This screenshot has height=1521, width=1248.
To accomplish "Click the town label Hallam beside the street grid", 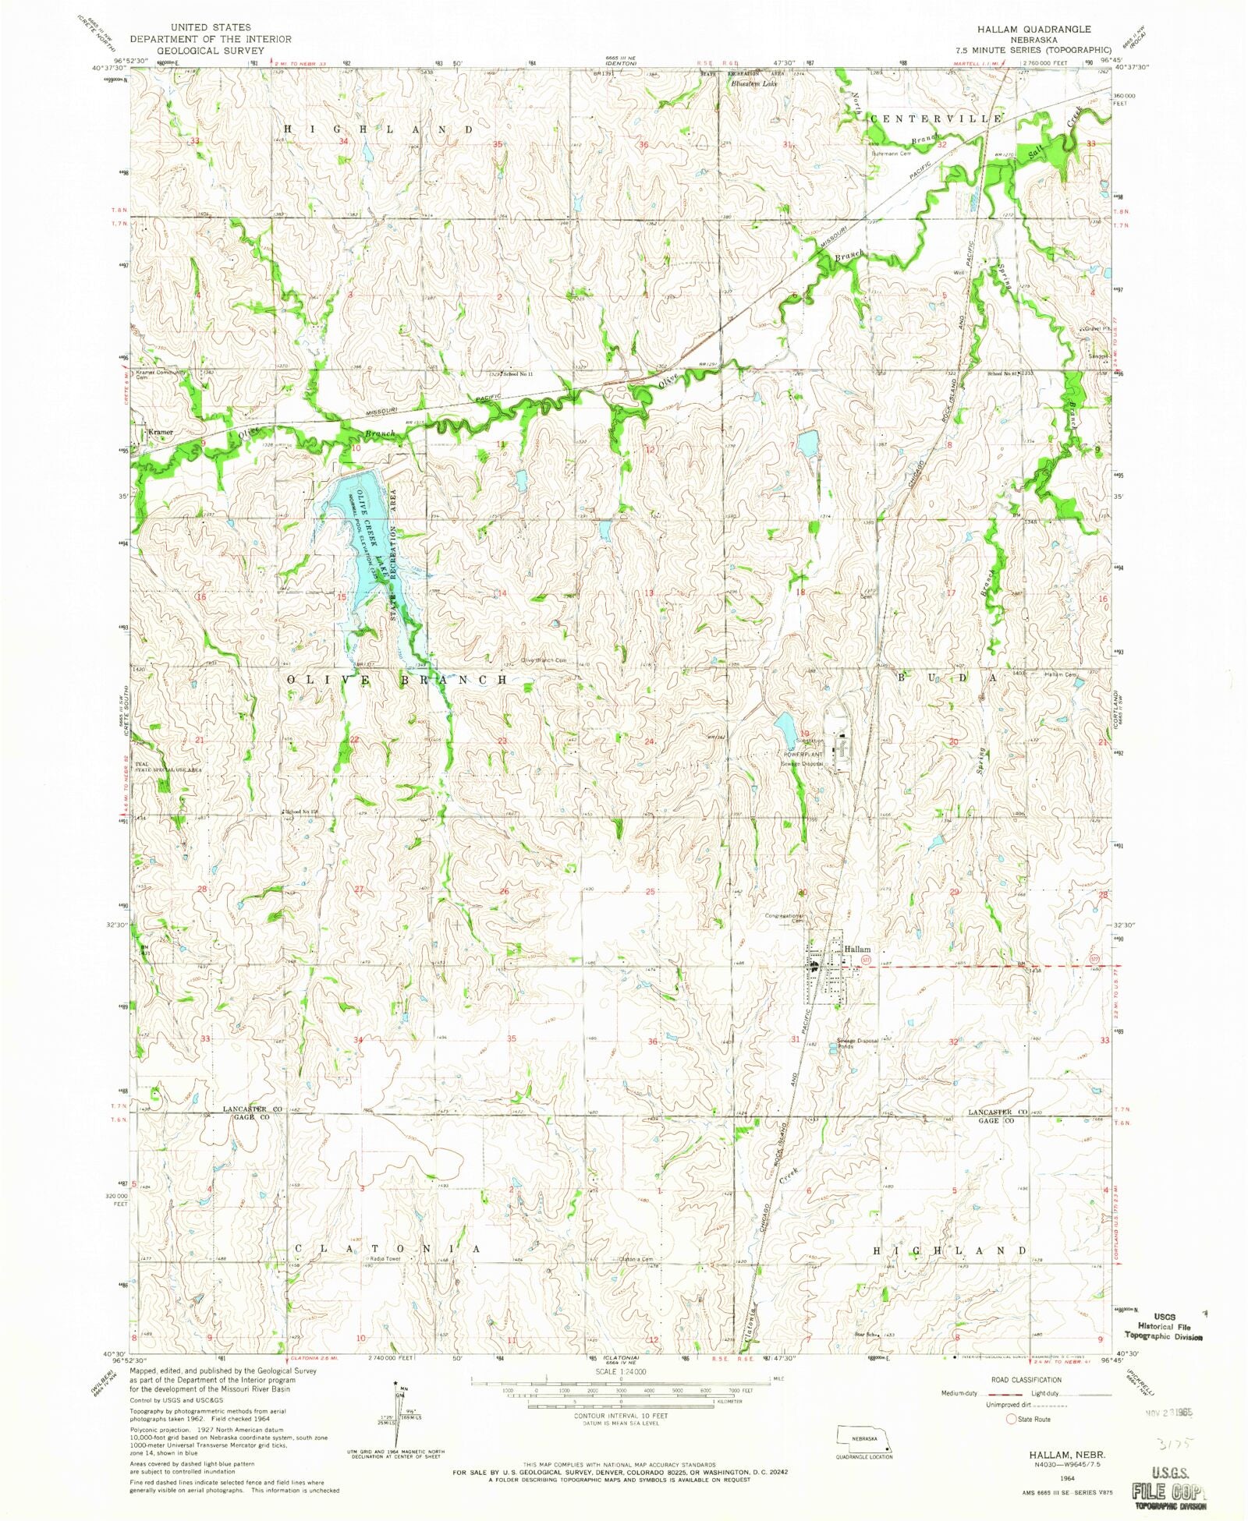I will point(857,949).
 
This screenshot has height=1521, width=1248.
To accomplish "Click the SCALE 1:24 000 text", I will point(621,1371).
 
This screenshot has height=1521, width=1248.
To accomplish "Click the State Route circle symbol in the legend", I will point(1012,1420).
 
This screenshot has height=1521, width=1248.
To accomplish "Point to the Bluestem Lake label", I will point(759,83).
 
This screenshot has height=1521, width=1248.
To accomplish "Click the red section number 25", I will point(649,891).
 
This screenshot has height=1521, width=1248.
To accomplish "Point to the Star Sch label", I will point(866,1335).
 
